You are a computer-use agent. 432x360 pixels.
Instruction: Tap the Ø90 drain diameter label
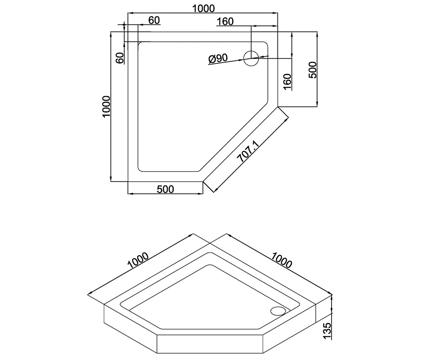point(218,59)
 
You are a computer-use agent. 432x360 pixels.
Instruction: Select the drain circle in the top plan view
point(251,58)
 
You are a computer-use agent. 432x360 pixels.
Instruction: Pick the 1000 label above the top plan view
point(204,9)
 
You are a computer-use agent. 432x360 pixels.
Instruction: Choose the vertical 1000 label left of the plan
point(107,107)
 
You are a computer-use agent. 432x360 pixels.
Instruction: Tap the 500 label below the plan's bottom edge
point(165,189)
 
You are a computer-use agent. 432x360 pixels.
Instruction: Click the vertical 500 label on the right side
point(313,70)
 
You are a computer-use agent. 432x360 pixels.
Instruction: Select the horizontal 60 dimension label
point(154,20)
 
